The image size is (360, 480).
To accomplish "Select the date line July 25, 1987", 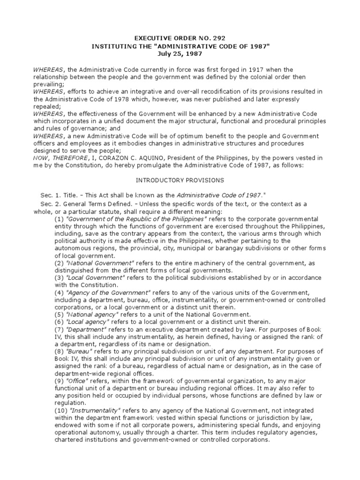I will click(x=180, y=54).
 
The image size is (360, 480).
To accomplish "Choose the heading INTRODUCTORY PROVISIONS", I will click(x=180, y=180).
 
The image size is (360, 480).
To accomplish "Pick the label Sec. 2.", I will click(x=51, y=205).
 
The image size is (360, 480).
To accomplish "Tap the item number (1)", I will click(x=60, y=219).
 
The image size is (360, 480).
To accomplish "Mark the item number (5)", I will click(x=60, y=315).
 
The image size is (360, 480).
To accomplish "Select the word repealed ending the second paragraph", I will click(x=46, y=107).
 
